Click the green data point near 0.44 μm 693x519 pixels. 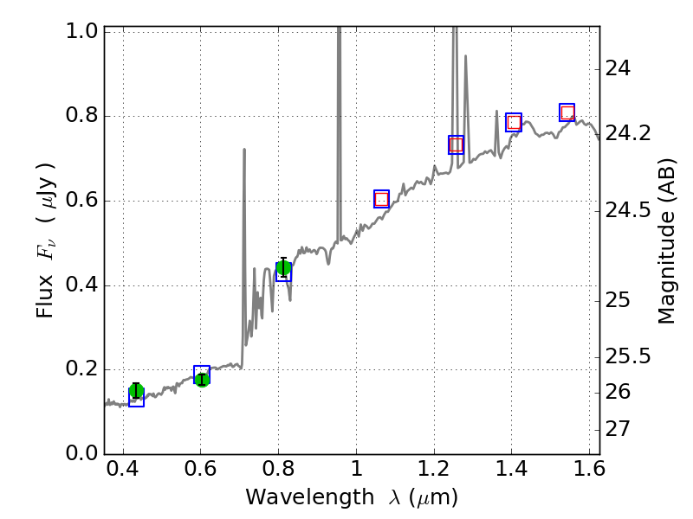(x=136, y=392)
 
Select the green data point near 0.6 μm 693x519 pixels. (x=202, y=379)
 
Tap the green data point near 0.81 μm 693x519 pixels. (x=283, y=268)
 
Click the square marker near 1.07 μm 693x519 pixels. (x=382, y=199)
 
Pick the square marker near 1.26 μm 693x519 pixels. (x=456, y=144)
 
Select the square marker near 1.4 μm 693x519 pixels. (x=514, y=122)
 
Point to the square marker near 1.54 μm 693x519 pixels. (x=567, y=112)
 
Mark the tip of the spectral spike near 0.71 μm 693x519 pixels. (x=244, y=150)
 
